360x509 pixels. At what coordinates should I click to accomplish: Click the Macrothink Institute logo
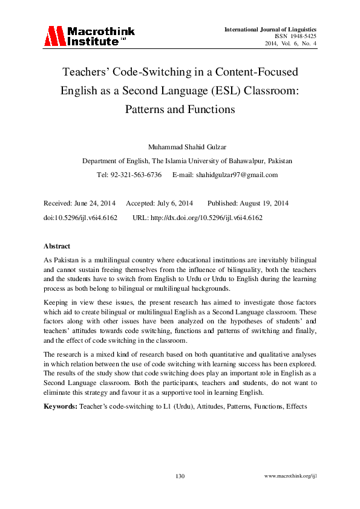(x=89, y=36)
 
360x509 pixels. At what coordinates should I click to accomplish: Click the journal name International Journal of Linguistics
(x=270, y=30)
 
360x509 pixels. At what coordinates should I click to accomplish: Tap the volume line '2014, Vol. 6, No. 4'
(x=291, y=44)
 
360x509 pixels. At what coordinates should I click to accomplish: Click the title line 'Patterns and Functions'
(x=179, y=110)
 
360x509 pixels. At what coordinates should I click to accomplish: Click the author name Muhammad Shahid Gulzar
(x=180, y=147)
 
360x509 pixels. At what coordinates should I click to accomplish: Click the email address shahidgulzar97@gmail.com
(x=234, y=175)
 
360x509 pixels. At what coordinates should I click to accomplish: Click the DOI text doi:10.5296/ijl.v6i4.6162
(x=80, y=216)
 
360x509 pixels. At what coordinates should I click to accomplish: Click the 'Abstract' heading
(x=57, y=246)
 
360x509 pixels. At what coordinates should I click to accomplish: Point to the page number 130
(x=180, y=476)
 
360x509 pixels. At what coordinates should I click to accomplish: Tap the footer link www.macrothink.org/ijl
(x=291, y=476)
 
